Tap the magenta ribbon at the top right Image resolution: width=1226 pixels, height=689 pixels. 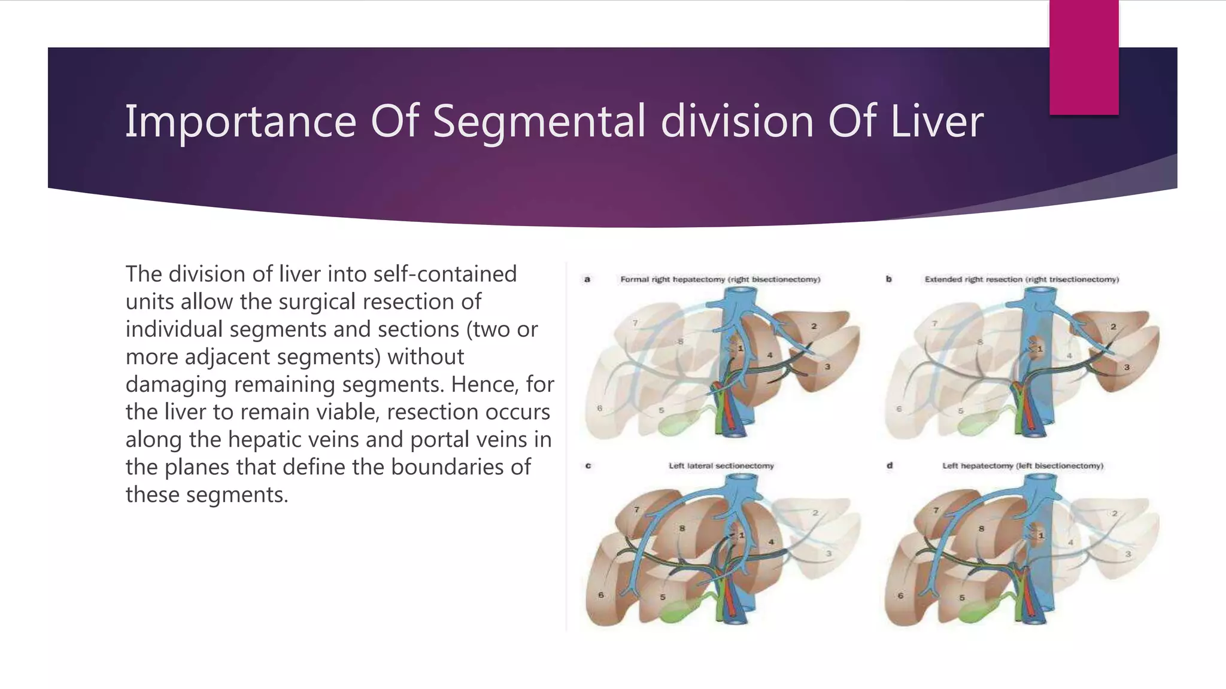coord(1084,57)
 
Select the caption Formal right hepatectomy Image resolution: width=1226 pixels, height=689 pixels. coord(720,279)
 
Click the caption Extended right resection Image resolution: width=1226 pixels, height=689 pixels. coord(1021,279)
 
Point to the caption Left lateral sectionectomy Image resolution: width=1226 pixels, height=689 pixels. coord(721,465)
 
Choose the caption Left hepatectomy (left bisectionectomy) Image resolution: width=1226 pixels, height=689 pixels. coord(1022,465)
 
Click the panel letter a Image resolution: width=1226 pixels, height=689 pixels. coord(587,279)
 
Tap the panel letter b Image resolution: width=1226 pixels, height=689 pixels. coord(888,279)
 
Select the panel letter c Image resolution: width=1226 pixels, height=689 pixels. coord(588,465)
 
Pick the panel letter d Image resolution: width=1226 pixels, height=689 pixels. coord(889,465)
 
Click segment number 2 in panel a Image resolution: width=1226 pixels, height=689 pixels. coord(814,327)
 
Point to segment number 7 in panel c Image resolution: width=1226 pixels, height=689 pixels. coord(636,510)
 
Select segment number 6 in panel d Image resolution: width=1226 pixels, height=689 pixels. coord(900,595)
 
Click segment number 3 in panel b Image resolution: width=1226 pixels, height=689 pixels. coord(1126,367)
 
